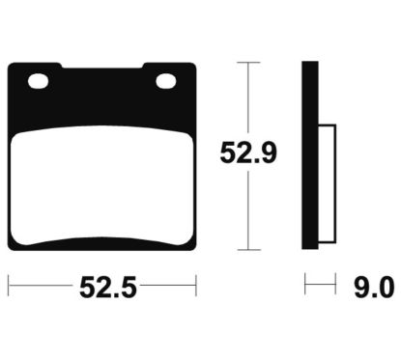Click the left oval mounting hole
point(39,81)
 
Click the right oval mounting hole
point(166,81)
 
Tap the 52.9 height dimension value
point(248,152)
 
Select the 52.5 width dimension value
point(108,288)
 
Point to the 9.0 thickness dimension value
point(374,288)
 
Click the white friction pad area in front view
point(102,185)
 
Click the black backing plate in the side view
point(310,155)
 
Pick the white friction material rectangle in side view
point(328,183)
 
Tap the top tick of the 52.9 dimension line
point(248,62)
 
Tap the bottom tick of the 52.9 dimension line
point(248,249)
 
